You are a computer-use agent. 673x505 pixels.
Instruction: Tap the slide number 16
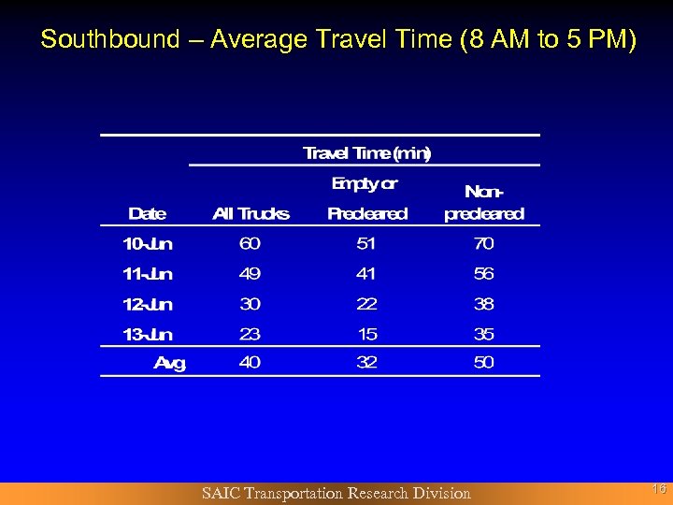(x=658, y=488)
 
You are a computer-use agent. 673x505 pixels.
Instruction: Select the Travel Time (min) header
(x=366, y=152)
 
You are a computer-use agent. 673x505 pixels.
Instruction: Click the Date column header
(x=147, y=213)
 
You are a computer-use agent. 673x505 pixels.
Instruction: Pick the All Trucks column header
(x=251, y=213)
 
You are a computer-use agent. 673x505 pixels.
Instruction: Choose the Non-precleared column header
(x=484, y=203)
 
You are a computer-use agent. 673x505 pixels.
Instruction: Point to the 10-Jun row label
(x=148, y=244)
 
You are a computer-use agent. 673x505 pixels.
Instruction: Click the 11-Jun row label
(x=148, y=274)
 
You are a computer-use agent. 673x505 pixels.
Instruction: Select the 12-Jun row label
(x=148, y=304)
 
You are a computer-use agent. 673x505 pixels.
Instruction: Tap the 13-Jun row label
(x=148, y=334)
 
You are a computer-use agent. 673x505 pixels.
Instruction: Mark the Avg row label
(x=169, y=363)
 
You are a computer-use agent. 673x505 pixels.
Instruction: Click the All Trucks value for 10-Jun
(x=250, y=244)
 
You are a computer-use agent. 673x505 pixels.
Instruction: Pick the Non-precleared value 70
(x=483, y=244)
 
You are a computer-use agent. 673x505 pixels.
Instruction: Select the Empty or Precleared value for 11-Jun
(x=366, y=274)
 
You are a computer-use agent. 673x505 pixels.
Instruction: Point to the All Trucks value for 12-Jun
(x=250, y=304)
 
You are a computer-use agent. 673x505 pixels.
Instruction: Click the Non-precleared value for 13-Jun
(x=483, y=334)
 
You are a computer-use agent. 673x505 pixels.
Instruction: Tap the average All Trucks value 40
(x=250, y=363)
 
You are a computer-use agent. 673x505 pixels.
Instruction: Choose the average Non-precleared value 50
(x=483, y=363)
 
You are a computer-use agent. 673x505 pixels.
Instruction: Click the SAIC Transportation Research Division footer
(x=336, y=493)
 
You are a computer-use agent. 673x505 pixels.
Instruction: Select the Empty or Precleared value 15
(x=366, y=334)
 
